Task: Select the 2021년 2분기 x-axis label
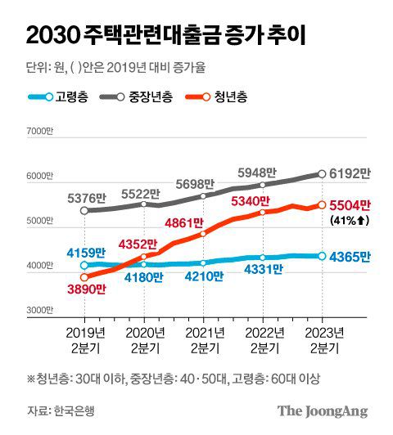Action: (204, 341)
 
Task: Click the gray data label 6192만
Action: (350, 173)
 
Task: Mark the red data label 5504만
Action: (350, 205)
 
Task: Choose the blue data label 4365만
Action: (350, 257)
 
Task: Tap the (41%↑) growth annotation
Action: (350, 220)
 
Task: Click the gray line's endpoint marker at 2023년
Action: (322, 173)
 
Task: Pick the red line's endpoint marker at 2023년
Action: (322, 204)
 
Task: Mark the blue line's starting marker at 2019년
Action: (84, 265)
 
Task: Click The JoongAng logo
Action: (322, 411)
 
